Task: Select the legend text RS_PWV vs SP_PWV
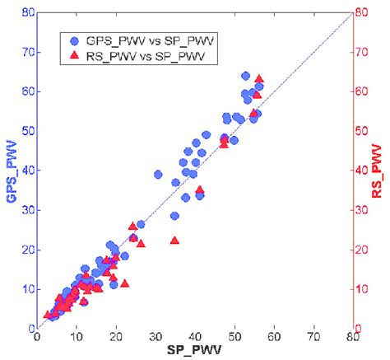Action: click(x=143, y=55)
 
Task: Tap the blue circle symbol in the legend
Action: click(x=75, y=40)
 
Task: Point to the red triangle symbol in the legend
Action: click(x=75, y=55)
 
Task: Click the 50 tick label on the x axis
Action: click(x=234, y=336)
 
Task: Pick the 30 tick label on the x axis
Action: click(x=155, y=336)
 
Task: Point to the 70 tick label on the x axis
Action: click(x=313, y=336)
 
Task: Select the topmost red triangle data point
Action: click(x=259, y=79)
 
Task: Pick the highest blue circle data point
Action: click(x=245, y=76)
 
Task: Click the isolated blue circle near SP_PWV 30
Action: click(x=158, y=175)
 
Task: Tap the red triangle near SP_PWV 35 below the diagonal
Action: click(x=174, y=241)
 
